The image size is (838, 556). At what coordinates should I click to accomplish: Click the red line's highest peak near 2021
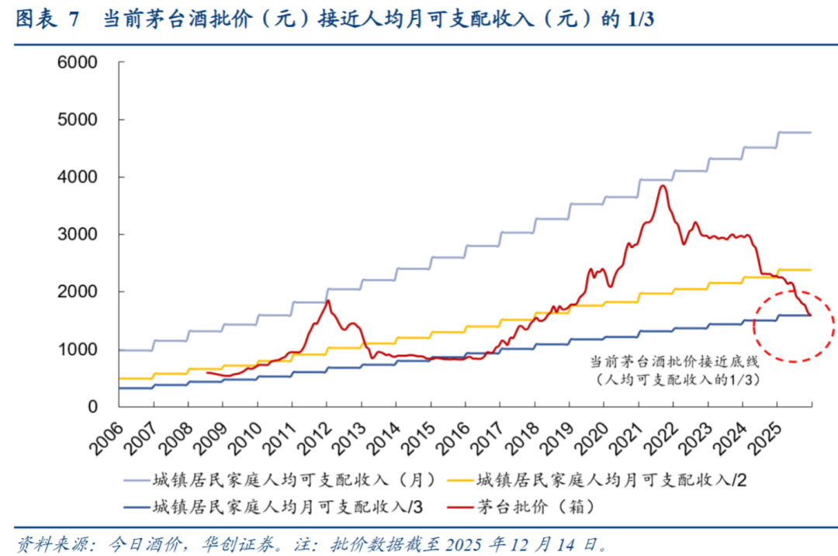pos(662,185)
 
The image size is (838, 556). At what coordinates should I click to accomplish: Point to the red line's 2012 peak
pos(327,300)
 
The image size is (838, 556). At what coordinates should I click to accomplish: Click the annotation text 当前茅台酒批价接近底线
pos(674,362)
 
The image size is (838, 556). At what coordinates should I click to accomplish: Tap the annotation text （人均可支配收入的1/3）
pos(674,380)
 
